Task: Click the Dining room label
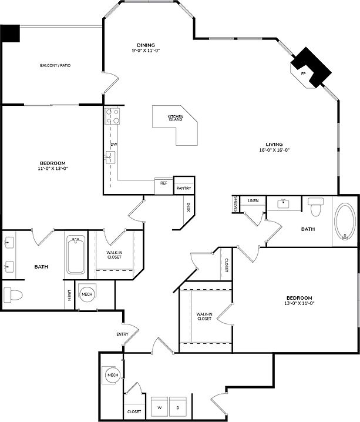point(146,45)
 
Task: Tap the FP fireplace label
point(303,74)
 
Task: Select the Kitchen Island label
point(176,118)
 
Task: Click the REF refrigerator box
point(164,183)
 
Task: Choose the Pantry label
point(184,188)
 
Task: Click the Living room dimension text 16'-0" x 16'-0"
point(274,150)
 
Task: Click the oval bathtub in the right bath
point(345,223)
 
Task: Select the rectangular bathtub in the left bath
point(76,255)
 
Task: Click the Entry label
point(122,334)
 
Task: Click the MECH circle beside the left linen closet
point(86,294)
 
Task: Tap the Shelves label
point(235,205)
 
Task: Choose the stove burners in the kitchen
point(112,116)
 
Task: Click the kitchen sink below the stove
point(110,156)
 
